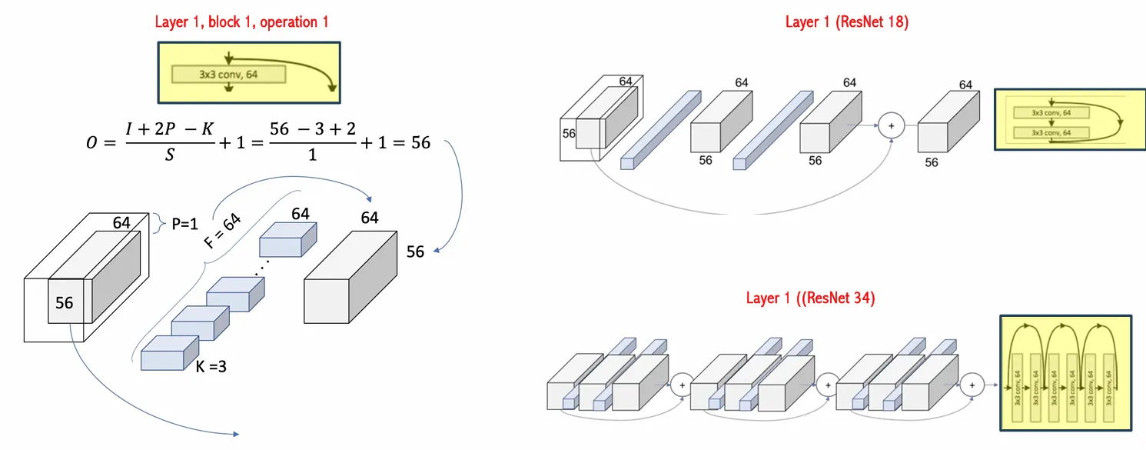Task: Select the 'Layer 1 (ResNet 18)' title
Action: pyautogui.click(x=846, y=22)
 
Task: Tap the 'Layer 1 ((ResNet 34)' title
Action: pyautogui.click(x=810, y=298)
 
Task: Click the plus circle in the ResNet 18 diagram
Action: pyautogui.click(x=892, y=124)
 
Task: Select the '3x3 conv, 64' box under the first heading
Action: pyautogui.click(x=228, y=74)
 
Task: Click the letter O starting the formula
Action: pyautogui.click(x=93, y=144)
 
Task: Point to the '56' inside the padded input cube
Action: pyautogui.click(x=65, y=303)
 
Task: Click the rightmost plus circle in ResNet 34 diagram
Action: pyautogui.click(x=972, y=385)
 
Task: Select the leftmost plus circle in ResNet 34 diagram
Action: pyautogui.click(x=681, y=385)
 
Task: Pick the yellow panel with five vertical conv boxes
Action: pyautogui.click(x=1065, y=372)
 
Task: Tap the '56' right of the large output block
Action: pyautogui.click(x=415, y=252)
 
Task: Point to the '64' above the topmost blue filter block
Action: pyautogui.click(x=300, y=213)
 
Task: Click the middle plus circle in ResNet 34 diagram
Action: pyautogui.click(x=827, y=385)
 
